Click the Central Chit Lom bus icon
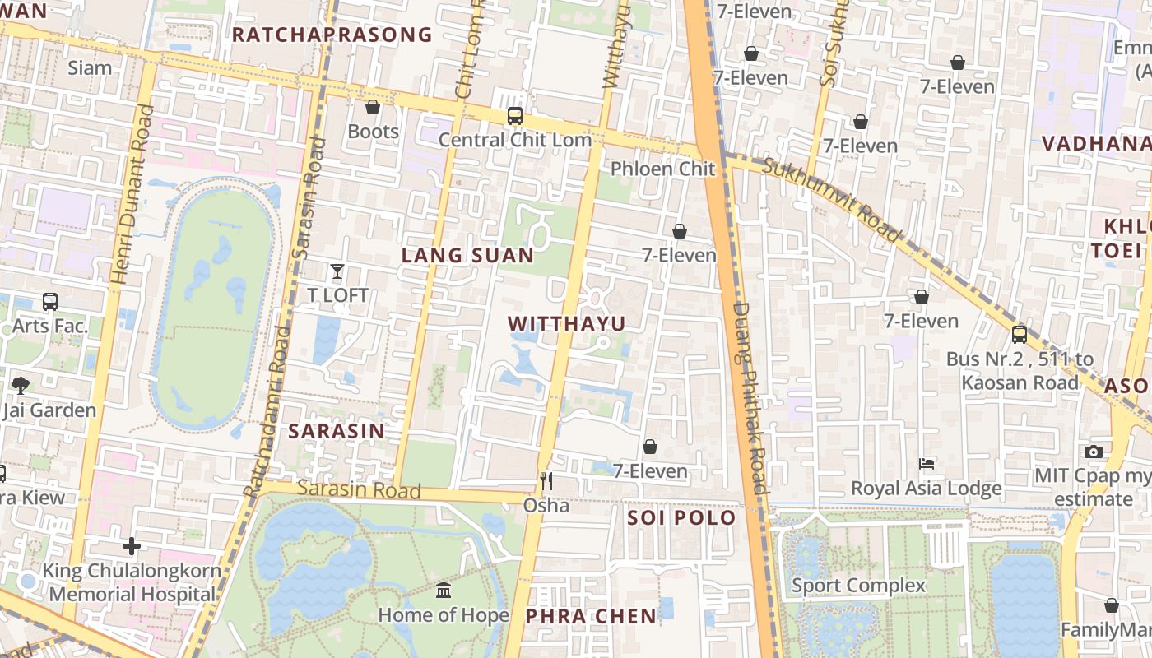[x=515, y=116]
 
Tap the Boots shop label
[x=373, y=132]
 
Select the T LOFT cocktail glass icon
[x=337, y=271]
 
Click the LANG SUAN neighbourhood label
[x=467, y=256]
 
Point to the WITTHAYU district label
[x=567, y=323]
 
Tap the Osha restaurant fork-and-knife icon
[x=546, y=480]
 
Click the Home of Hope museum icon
[x=444, y=590]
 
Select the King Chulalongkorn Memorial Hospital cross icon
[x=131, y=545]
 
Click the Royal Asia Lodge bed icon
[x=927, y=464]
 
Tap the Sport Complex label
[x=858, y=586]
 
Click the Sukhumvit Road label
[x=832, y=200]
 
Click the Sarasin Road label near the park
[x=359, y=489]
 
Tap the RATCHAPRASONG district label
[x=332, y=35]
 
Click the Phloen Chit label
[x=662, y=169]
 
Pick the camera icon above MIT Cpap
[x=1093, y=452]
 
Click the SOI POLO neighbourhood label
[x=681, y=518]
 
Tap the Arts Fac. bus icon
[x=49, y=302]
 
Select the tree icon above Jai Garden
[x=21, y=385]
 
